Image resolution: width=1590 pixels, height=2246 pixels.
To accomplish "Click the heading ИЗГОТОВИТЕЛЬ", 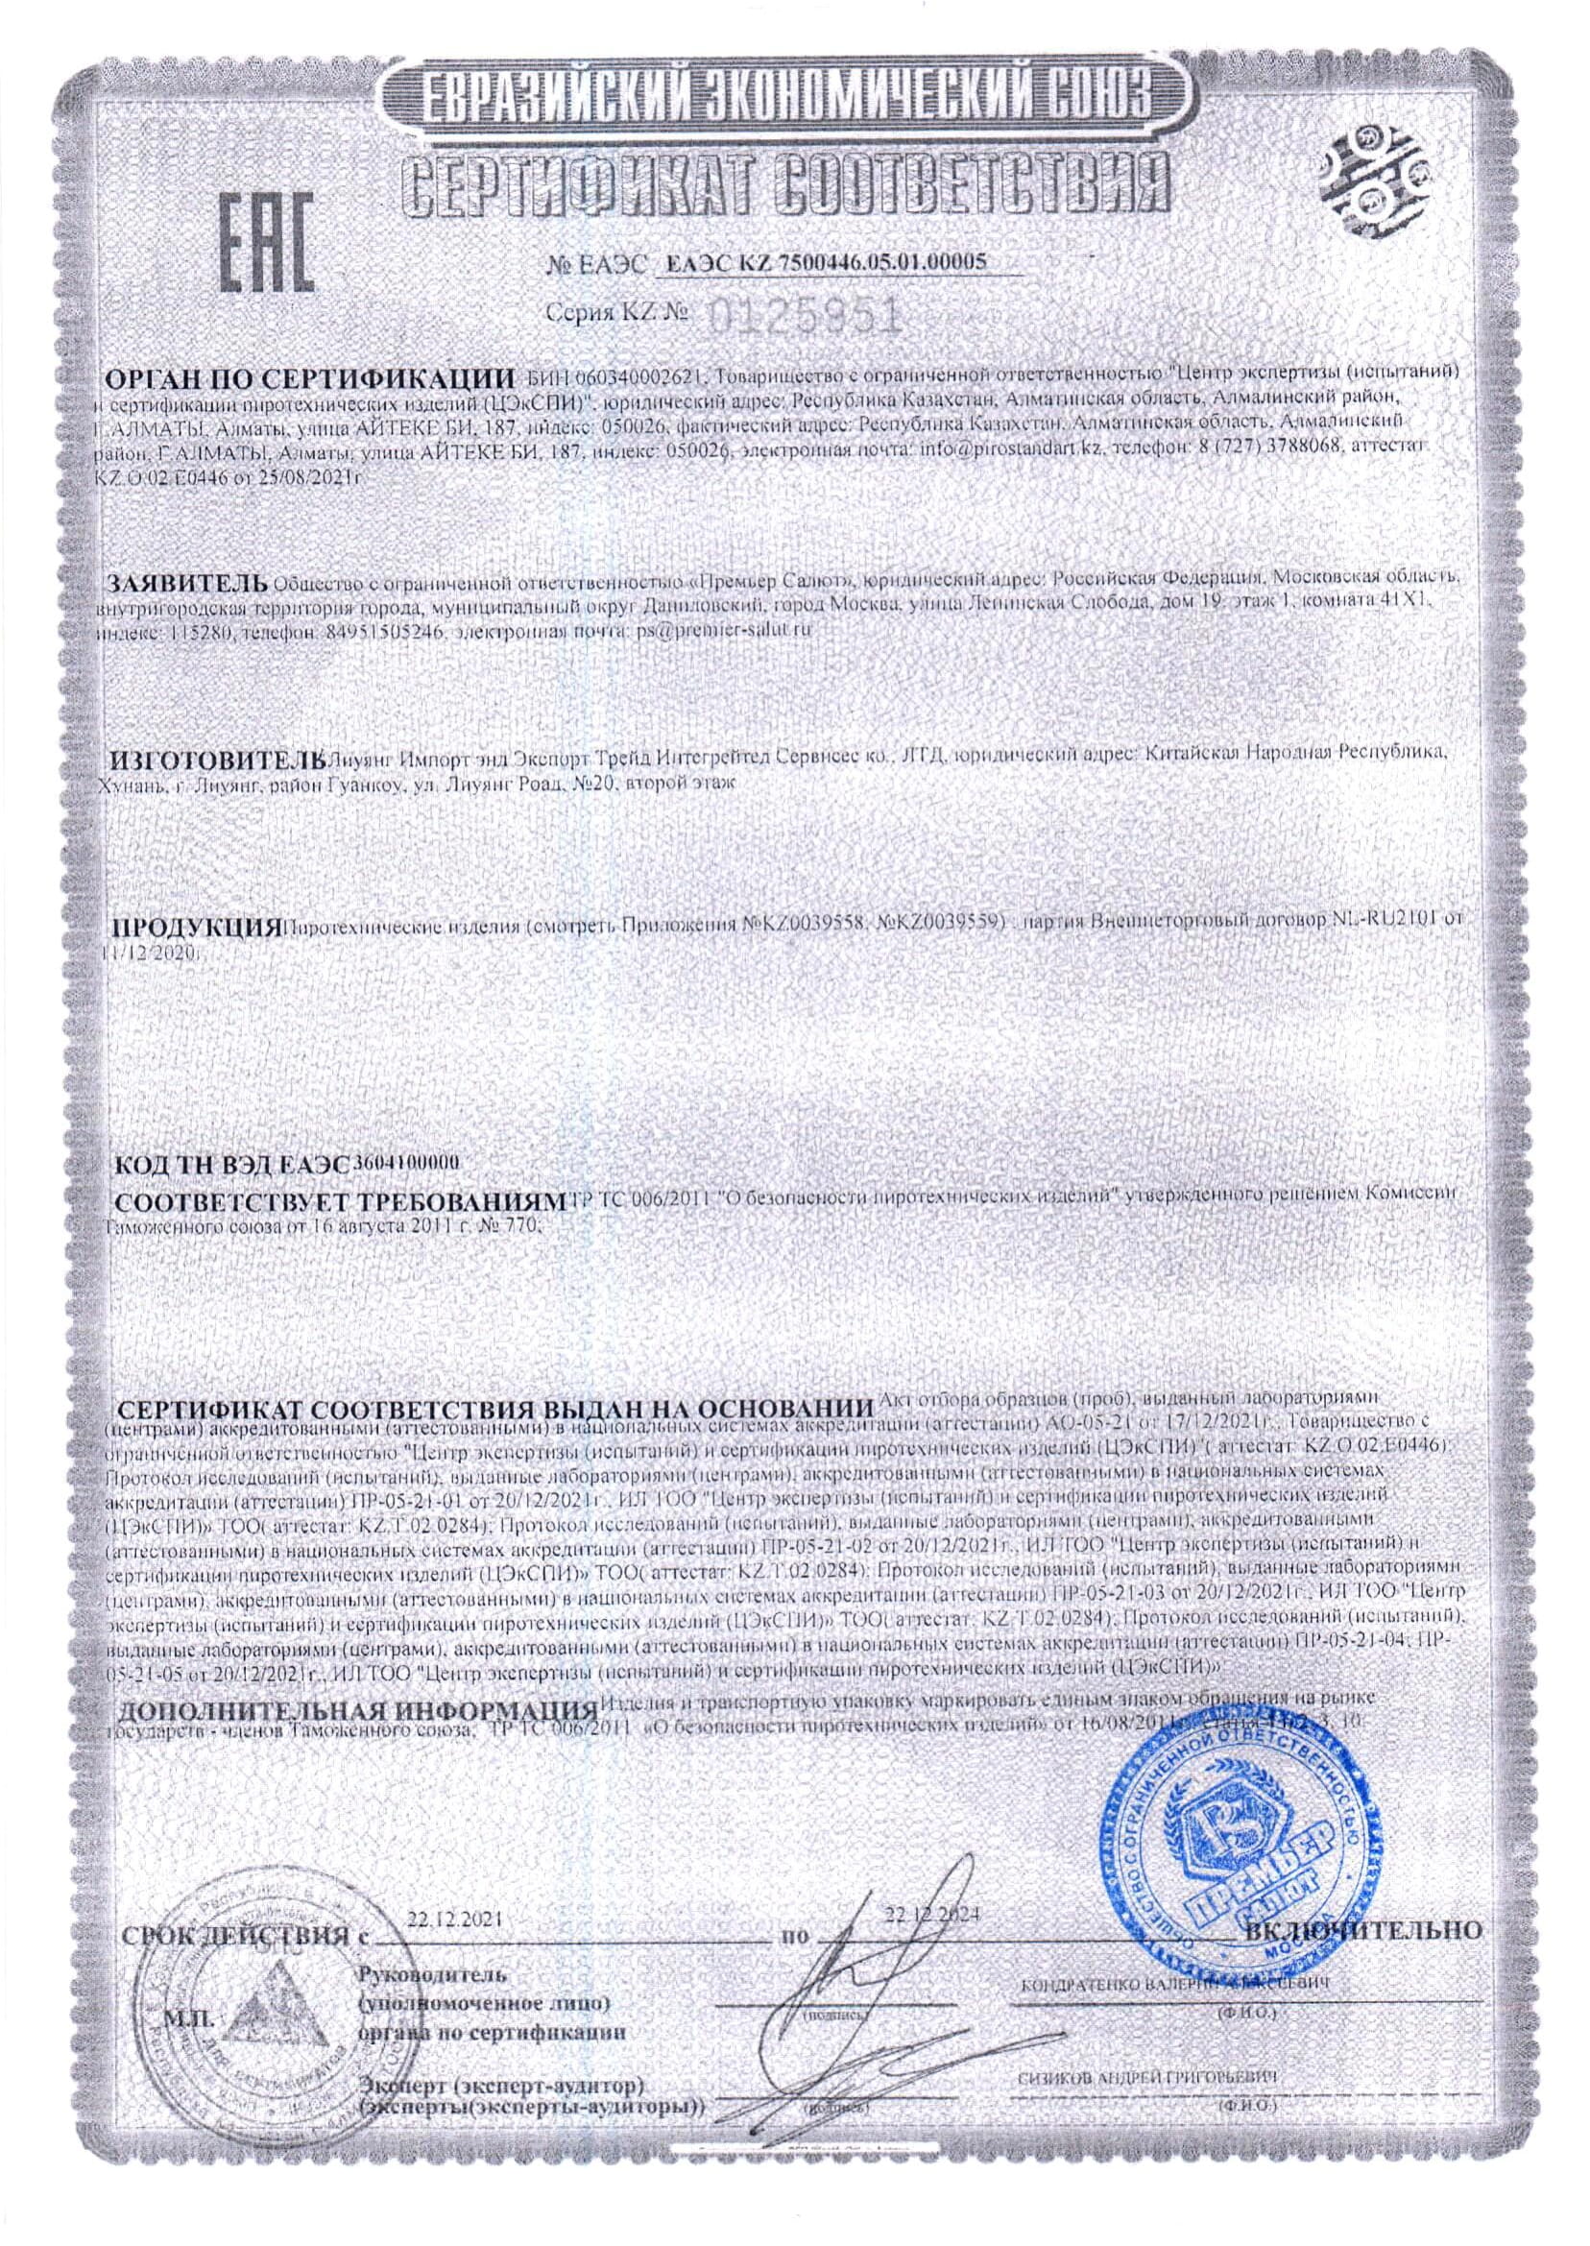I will [x=214, y=759].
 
